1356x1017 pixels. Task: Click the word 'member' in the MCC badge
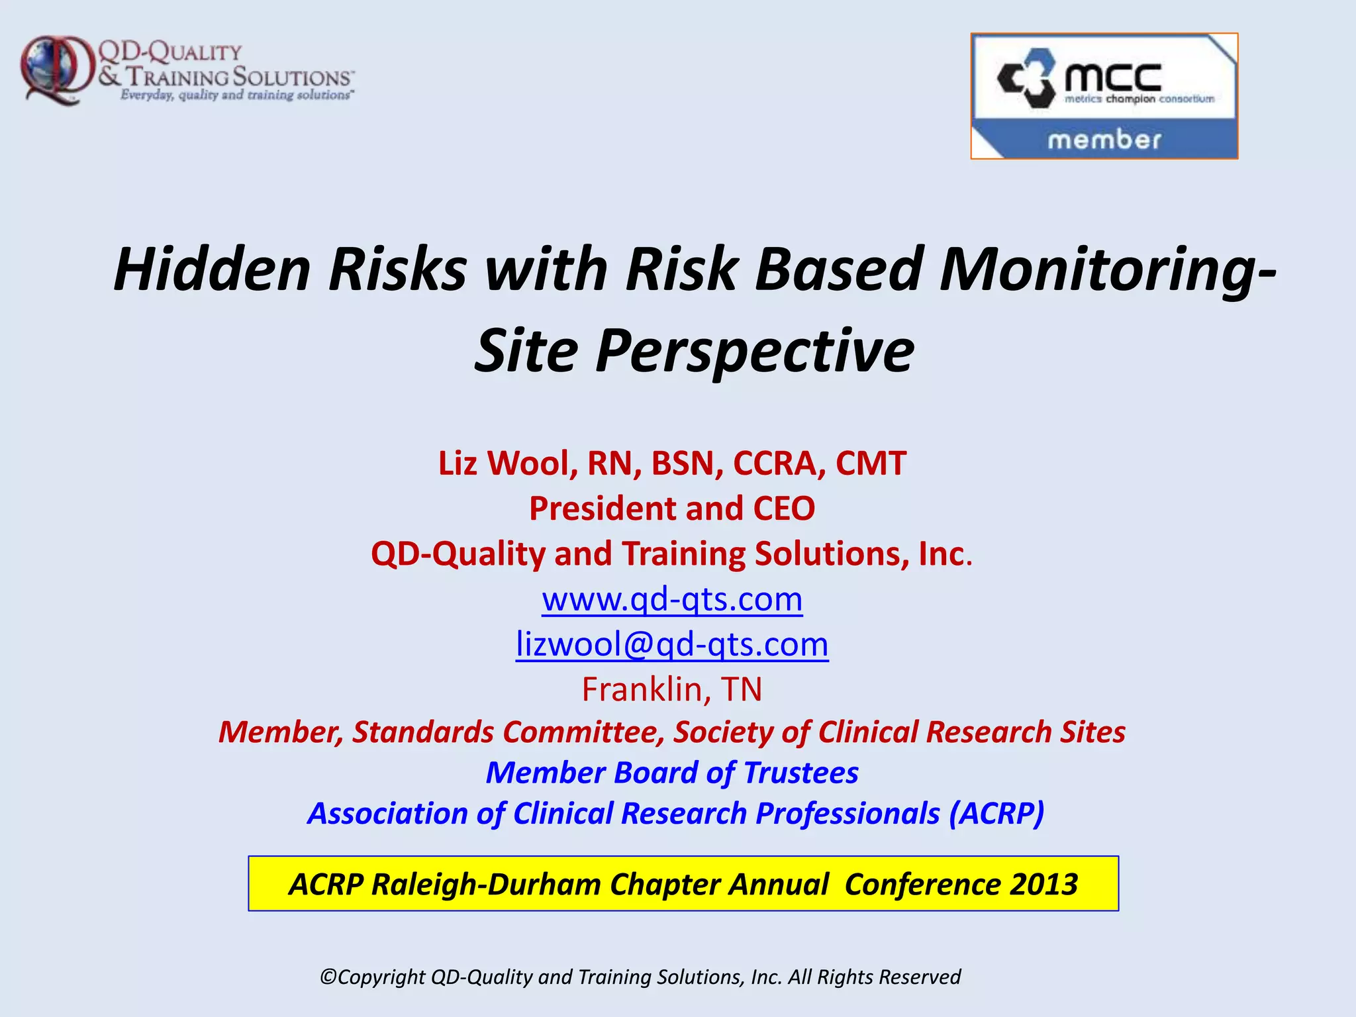[x=1104, y=140]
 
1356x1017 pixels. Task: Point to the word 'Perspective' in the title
[x=755, y=351]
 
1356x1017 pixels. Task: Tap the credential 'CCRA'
[x=779, y=463]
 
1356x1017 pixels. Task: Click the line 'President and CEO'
[x=672, y=508]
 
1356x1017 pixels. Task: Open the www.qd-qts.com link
[x=672, y=599]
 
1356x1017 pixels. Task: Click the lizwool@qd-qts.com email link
[x=672, y=644]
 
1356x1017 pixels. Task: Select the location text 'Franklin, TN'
[x=672, y=689]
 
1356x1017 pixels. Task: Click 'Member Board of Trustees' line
[x=672, y=773]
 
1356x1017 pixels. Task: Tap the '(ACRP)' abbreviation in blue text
[x=996, y=813]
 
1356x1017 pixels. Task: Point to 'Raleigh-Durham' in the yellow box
[x=487, y=885]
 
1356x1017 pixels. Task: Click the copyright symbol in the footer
[x=328, y=977]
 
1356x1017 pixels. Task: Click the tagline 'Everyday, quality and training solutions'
[x=236, y=95]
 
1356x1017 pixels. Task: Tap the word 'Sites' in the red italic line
[x=1092, y=732]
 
